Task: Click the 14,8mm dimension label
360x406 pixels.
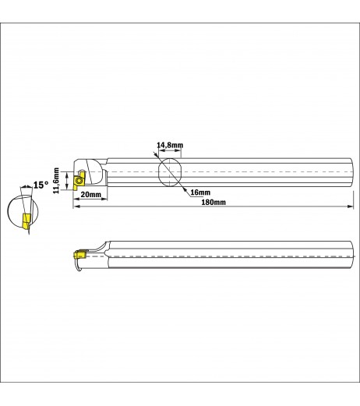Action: pos(170,145)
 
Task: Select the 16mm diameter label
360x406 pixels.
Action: pos(200,192)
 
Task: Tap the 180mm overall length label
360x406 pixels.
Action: pos(214,202)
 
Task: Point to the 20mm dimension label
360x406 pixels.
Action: pos(90,194)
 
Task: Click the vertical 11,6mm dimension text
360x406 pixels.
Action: pos(56,181)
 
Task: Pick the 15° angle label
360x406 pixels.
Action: pos(41,185)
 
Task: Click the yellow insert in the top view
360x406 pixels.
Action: pos(79,181)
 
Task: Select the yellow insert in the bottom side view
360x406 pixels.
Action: pos(80,254)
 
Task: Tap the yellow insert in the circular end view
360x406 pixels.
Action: pos(26,221)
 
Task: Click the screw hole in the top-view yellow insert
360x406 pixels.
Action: pos(79,181)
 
